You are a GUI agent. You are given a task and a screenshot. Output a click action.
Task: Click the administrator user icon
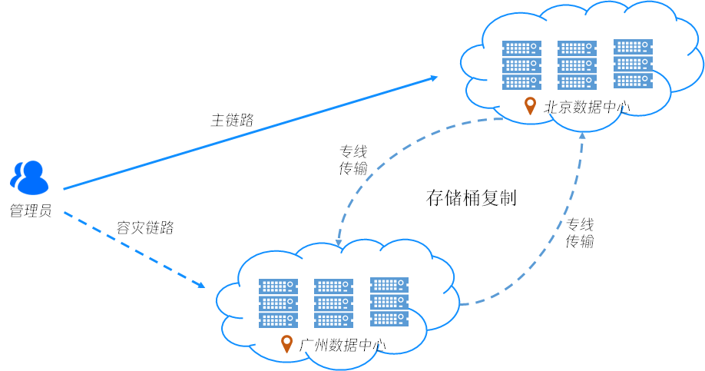(x=28, y=177)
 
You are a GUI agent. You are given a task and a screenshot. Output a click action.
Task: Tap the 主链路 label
(x=232, y=120)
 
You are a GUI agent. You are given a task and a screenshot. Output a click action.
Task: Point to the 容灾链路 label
(x=145, y=227)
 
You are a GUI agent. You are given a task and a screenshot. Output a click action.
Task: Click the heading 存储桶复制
(x=471, y=198)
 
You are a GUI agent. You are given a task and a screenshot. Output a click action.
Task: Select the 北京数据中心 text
(x=587, y=107)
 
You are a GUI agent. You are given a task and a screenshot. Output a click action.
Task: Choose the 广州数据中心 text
(x=343, y=344)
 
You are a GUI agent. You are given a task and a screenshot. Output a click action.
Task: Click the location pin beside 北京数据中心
(x=529, y=106)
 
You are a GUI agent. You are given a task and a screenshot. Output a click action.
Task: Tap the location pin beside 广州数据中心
(x=287, y=343)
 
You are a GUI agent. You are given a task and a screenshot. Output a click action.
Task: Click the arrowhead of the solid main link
(x=434, y=78)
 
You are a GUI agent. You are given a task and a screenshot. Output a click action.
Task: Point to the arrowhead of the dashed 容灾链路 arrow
(x=201, y=286)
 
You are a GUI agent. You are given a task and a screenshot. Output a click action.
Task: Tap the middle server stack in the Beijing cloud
(x=577, y=65)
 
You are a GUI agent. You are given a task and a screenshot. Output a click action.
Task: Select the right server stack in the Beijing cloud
(x=634, y=64)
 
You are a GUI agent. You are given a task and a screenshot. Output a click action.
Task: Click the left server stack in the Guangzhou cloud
(x=278, y=302)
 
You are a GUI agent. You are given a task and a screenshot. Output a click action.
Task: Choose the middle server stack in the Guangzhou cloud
(x=333, y=302)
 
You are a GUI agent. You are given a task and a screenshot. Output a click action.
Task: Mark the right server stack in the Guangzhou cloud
(x=389, y=301)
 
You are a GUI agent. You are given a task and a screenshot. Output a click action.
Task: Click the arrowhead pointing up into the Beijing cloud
(x=582, y=136)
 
